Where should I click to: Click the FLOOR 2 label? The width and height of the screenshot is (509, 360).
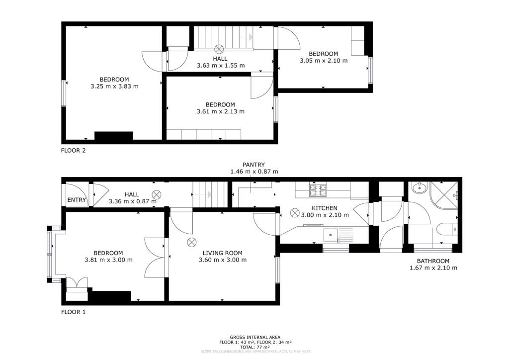click(74, 150)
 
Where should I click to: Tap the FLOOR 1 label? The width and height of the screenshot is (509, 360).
click(74, 312)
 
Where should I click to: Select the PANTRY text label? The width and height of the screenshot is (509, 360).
click(254, 165)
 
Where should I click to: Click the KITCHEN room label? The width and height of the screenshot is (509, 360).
click(325, 208)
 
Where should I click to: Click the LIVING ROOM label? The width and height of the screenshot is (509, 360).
click(222, 253)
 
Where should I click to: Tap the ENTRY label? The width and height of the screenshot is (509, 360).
click(77, 201)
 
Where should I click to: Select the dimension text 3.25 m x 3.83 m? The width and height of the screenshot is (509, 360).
click(114, 86)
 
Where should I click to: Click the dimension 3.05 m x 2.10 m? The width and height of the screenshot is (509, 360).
click(324, 61)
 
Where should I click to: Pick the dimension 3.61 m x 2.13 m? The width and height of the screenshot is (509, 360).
click(220, 111)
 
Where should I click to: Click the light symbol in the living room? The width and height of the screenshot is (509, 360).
click(192, 242)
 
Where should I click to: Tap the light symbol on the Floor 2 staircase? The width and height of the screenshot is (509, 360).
click(219, 49)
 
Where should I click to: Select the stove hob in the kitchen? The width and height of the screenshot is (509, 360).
click(319, 189)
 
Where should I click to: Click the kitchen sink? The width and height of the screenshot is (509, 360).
click(331, 233)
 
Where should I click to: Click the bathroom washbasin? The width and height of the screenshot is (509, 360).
click(419, 187)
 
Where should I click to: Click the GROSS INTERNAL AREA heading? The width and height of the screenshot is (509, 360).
click(255, 337)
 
